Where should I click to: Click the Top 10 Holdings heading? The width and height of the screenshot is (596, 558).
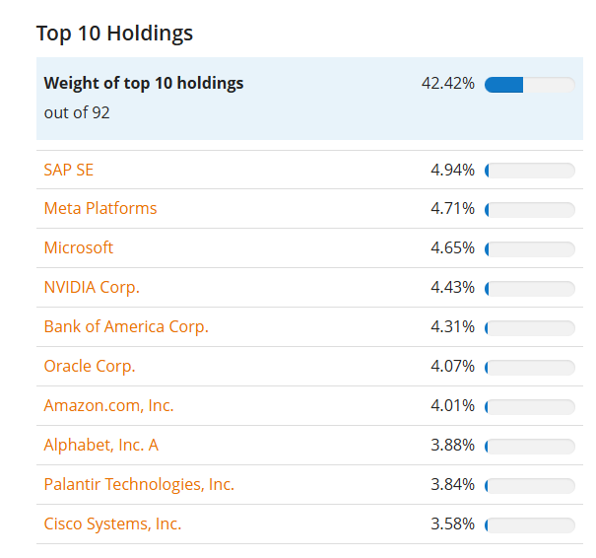[x=114, y=34]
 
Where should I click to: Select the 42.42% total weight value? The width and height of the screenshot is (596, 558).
[x=447, y=84]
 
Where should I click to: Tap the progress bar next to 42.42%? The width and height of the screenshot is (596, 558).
[x=529, y=85]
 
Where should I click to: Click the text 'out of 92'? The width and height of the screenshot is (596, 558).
[x=77, y=112]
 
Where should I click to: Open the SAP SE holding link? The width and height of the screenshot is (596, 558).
[x=69, y=170]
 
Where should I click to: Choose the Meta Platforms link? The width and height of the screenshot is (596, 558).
[x=100, y=209]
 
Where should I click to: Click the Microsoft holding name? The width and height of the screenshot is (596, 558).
[x=79, y=248]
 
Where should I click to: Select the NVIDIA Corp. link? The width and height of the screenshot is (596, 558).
[x=92, y=288]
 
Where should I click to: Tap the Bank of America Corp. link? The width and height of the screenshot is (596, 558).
[x=126, y=327]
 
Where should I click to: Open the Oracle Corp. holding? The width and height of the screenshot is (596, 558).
[x=90, y=367]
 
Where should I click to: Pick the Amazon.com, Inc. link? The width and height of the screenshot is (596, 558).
[x=108, y=406]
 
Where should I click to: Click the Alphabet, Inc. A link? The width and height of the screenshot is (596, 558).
[x=100, y=446]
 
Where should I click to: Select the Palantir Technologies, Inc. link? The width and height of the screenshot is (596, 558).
[x=139, y=485]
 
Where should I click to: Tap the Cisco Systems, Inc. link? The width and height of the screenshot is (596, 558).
[x=112, y=524]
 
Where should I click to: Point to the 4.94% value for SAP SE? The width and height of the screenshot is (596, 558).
[x=452, y=171]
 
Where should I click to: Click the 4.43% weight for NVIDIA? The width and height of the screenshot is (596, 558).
[x=452, y=288]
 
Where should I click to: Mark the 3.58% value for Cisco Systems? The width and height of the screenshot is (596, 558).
[x=452, y=524]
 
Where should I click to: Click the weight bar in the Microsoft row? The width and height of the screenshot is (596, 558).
[x=529, y=249]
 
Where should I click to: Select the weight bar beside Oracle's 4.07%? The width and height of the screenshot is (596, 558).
[x=529, y=368]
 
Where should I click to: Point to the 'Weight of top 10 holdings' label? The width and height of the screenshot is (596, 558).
[x=144, y=84]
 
